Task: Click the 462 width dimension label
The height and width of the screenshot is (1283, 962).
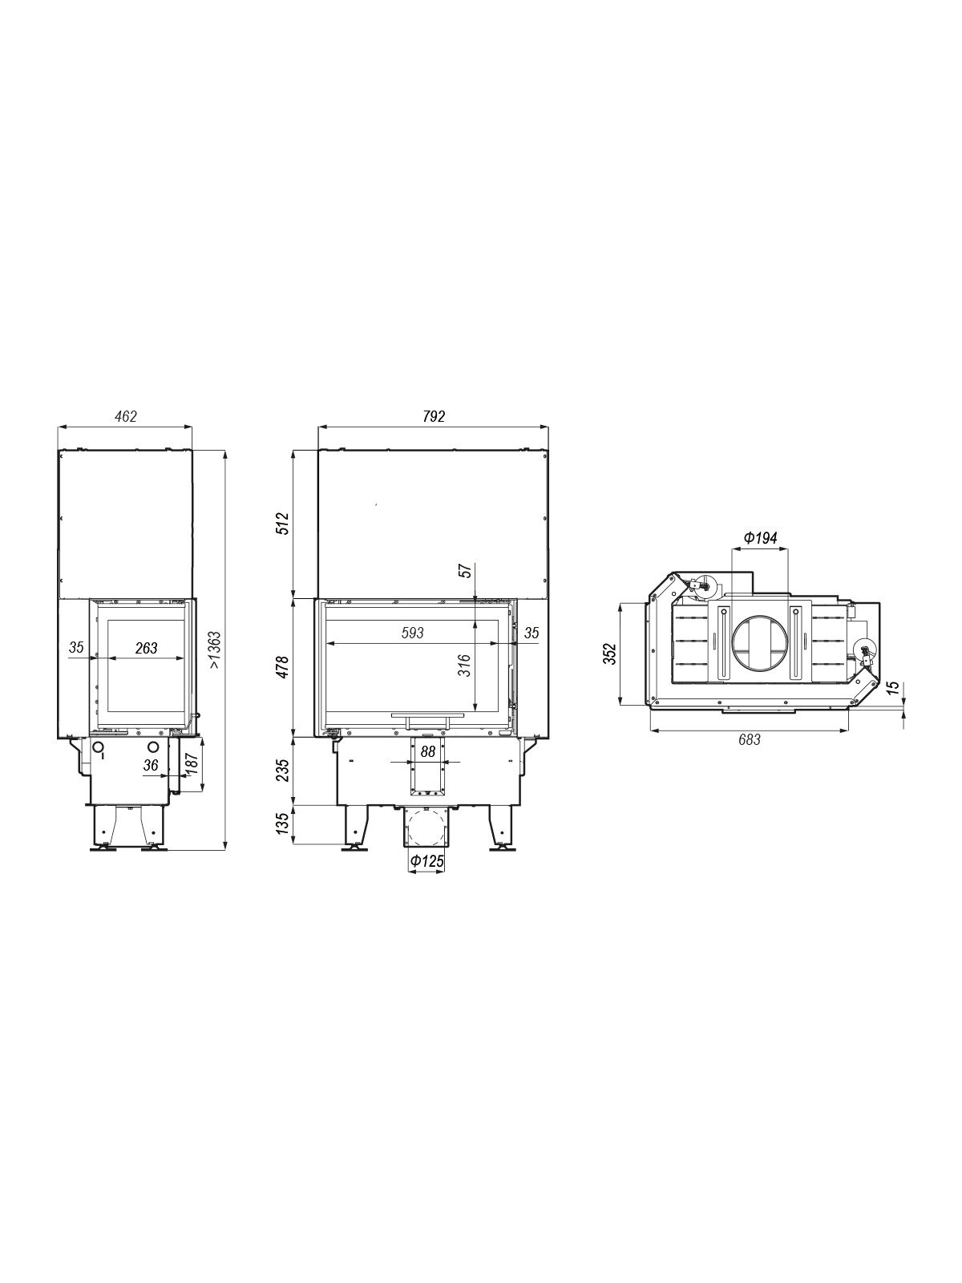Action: tap(126, 416)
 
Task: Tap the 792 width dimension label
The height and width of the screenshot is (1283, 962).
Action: tap(434, 416)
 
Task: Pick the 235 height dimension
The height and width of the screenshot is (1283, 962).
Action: tap(283, 771)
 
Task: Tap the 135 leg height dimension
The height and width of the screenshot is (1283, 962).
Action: tap(283, 824)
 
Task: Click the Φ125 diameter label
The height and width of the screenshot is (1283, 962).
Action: tap(426, 861)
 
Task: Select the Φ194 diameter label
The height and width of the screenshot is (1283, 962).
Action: tap(761, 538)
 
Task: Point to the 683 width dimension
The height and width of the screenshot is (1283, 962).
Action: tap(750, 740)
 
